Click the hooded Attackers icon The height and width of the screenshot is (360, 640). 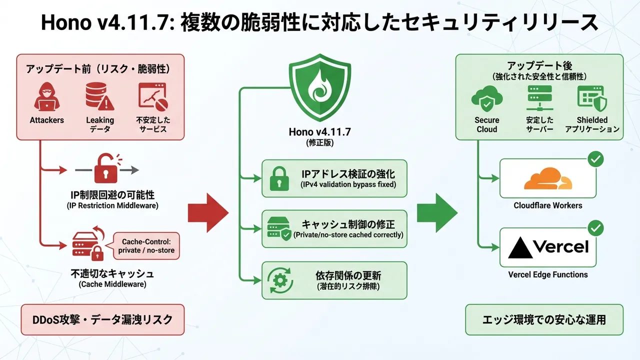[x=47, y=97]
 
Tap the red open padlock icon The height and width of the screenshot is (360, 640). [x=106, y=170]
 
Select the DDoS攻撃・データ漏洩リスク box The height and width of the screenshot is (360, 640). [x=100, y=319]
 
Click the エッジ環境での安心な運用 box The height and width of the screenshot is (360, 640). [x=544, y=319]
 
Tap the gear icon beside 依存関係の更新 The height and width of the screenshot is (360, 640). [x=278, y=280]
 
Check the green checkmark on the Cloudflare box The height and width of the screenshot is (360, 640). [x=595, y=159]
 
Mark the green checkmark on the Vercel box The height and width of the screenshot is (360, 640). [x=595, y=228]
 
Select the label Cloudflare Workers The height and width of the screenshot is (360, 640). [x=548, y=205]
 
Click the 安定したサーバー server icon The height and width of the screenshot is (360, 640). [x=539, y=98]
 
